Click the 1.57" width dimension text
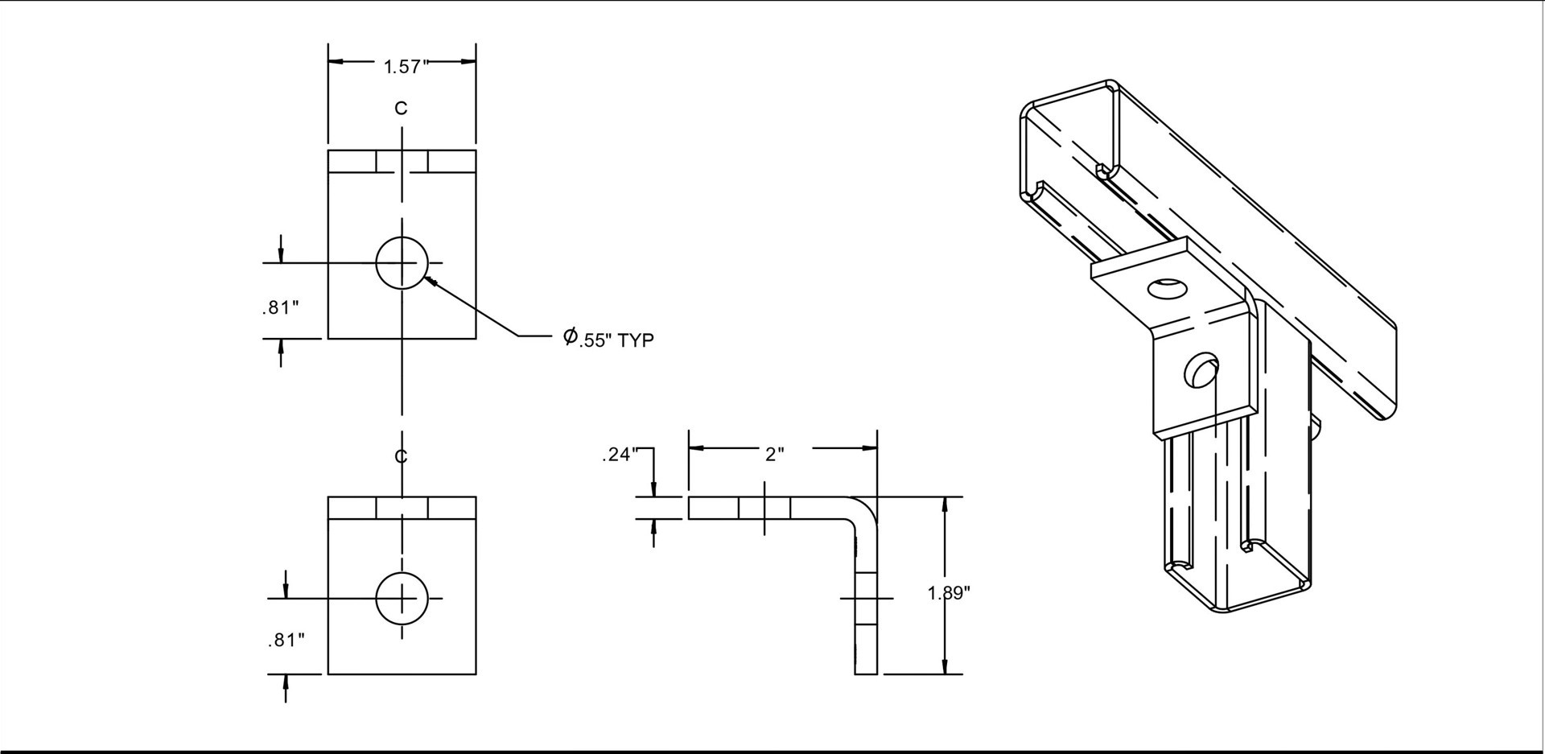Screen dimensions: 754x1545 click(402, 67)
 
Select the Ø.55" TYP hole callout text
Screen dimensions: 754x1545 click(609, 339)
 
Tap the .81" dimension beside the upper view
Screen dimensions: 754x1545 click(280, 307)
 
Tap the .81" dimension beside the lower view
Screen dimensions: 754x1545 click(286, 641)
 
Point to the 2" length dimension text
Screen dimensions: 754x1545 click(774, 455)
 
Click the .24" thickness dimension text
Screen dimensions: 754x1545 click(619, 455)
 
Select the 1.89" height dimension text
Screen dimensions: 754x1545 click(950, 594)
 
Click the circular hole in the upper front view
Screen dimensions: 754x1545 click(402, 262)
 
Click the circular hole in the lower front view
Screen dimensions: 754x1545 click(402, 598)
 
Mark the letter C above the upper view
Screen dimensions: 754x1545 click(401, 108)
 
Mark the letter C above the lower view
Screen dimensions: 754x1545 click(401, 456)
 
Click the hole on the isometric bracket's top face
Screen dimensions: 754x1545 click(1166, 289)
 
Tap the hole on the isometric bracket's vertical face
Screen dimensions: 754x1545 click(1198, 371)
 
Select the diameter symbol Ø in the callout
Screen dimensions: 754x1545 click(570, 335)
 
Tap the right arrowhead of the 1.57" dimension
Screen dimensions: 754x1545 click(468, 61)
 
